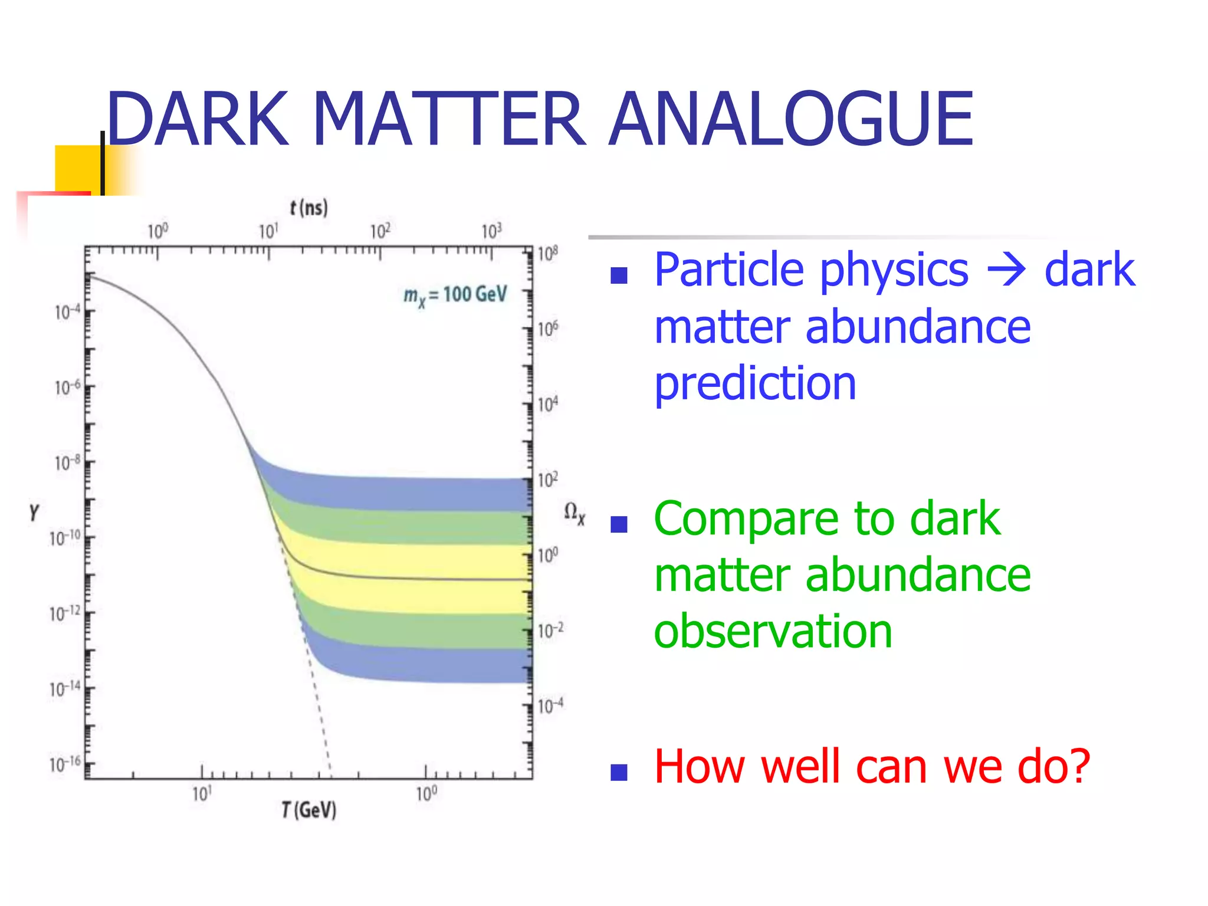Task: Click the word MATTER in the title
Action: pos(448,118)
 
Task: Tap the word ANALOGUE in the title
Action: pos(790,118)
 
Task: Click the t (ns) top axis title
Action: pos(308,208)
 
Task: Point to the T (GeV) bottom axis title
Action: pos(308,810)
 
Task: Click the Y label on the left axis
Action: pos(34,511)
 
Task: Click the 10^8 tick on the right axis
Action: pos(548,254)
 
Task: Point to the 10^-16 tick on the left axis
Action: pos(65,765)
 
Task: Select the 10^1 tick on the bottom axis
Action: pos(202,794)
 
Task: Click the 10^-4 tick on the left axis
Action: pos(67,311)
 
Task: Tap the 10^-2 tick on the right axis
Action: pos(550,630)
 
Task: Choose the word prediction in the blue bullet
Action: pos(755,383)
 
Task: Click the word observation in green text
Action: pos(773,631)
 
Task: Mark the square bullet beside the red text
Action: pos(619,772)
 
